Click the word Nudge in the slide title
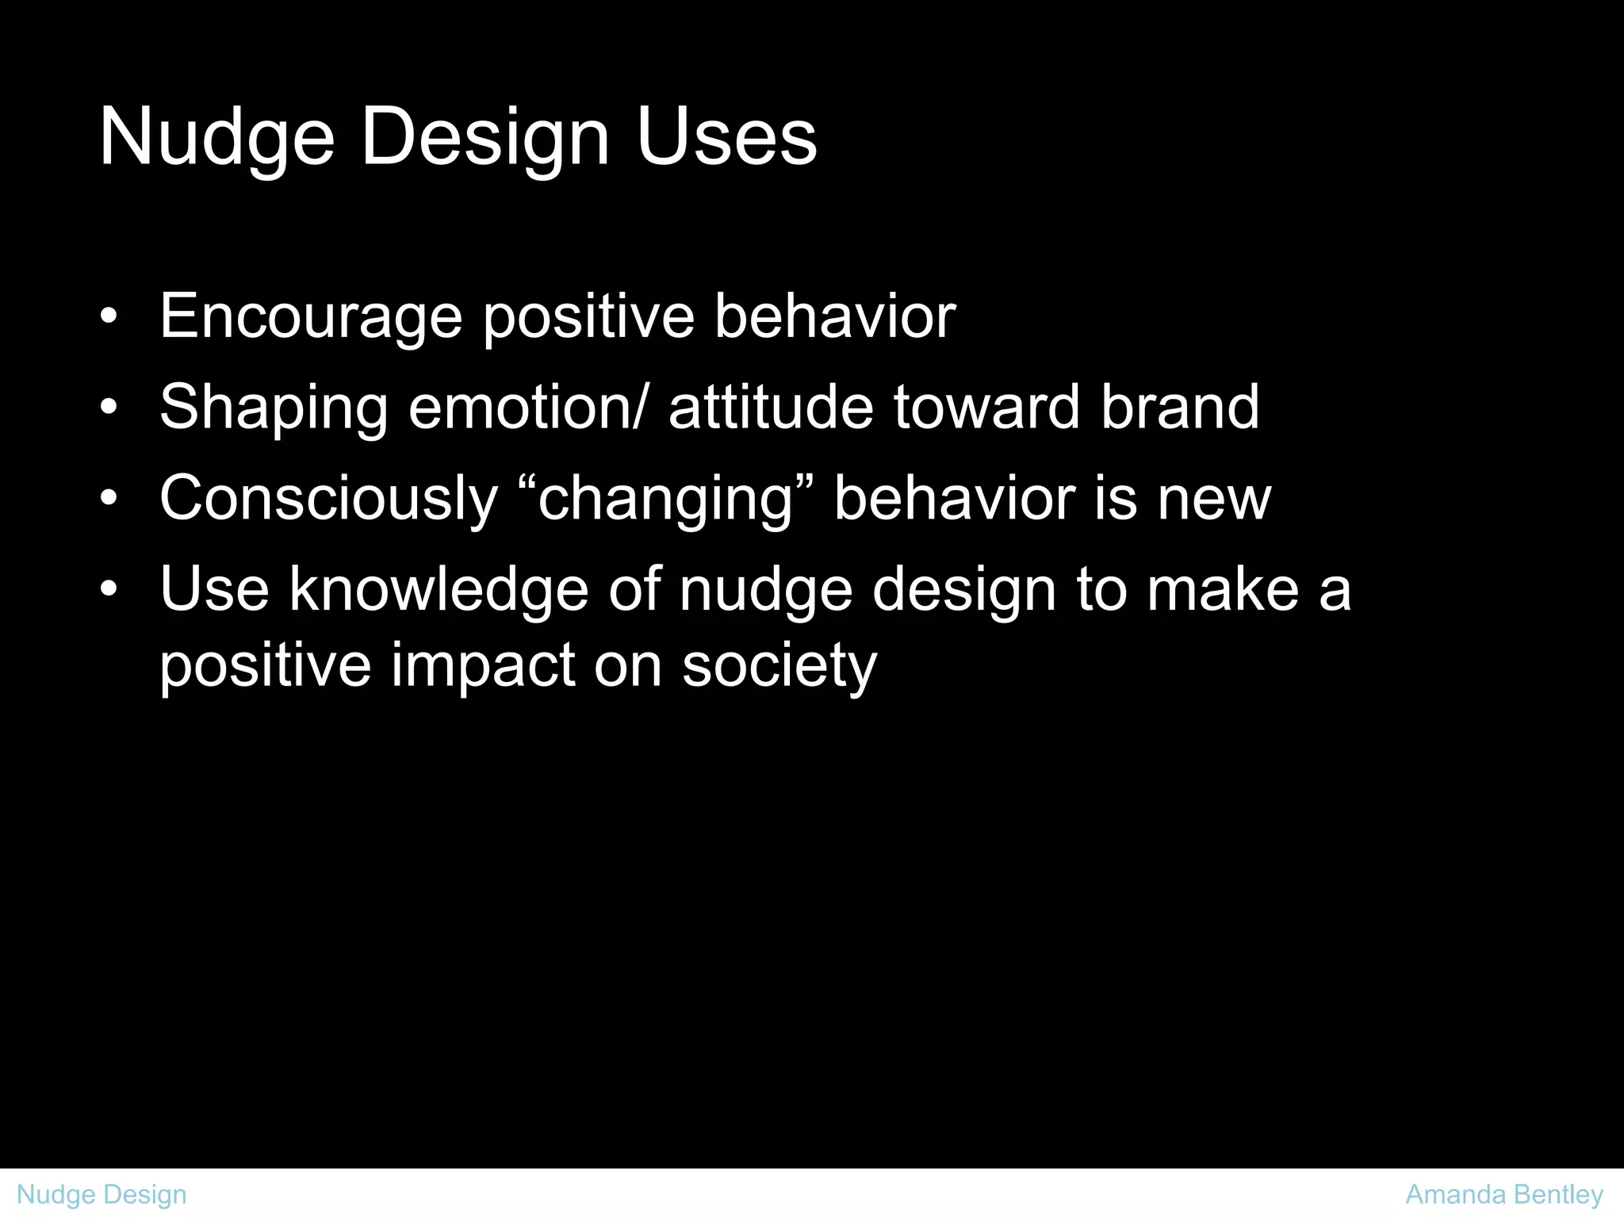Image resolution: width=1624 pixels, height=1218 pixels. (x=216, y=139)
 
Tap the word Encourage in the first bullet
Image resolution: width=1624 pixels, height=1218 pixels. (x=311, y=317)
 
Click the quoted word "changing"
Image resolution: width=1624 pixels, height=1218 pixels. (x=665, y=500)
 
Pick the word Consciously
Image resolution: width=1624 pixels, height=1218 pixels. (x=328, y=500)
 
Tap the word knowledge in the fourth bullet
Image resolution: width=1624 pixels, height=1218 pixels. (x=438, y=590)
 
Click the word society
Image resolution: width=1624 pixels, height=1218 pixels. (x=779, y=666)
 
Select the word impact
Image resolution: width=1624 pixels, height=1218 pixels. (x=482, y=666)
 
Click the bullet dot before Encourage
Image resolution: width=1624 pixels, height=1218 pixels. (x=109, y=317)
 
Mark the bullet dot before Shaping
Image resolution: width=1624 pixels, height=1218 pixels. (x=109, y=408)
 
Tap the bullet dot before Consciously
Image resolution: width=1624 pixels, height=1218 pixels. (x=109, y=499)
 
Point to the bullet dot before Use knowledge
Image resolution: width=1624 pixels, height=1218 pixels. (x=109, y=589)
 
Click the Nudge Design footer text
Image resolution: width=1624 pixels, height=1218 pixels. (x=101, y=1194)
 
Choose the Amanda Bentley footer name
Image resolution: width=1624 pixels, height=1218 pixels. (x=1503, y=1194)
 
